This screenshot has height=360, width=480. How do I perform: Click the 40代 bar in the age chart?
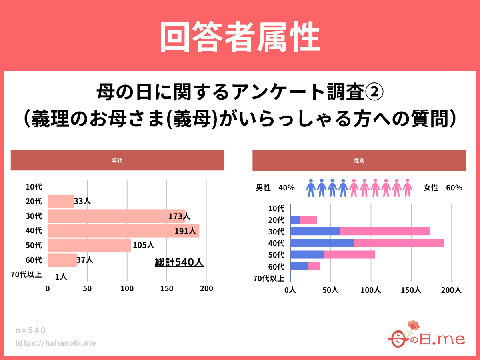[123, 231]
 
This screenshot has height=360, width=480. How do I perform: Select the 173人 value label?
[179, 216]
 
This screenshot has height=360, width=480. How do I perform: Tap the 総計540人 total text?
[179, 262]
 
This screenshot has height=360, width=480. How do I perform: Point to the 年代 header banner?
[117, 160]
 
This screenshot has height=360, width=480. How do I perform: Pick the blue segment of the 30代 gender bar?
[315, 231]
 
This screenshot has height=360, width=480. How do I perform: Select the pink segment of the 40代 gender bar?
[399, 243]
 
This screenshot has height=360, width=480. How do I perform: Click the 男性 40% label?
[275, 188]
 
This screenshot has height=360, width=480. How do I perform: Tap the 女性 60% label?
[443, 188]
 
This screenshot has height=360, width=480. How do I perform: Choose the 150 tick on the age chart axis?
[167, 288]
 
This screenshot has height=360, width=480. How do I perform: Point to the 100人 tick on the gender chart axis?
[371, 290]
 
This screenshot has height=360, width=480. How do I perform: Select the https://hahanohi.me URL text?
[56, 343]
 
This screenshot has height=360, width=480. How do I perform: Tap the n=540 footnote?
[31, 330]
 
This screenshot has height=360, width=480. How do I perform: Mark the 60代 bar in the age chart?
[62, 260]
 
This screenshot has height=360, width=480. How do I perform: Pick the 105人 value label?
[143, 245]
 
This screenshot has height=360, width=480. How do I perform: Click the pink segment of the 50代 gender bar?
[349, 254]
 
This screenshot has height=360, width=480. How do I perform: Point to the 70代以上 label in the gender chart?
[269, 278]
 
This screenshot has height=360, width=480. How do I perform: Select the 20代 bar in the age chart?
[60, 202]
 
